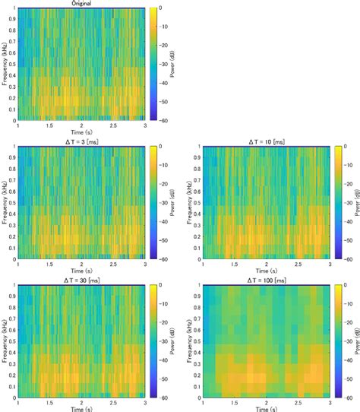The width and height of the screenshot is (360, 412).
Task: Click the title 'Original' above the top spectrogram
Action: point(80,4)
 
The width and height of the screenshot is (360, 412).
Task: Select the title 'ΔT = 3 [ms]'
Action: point(80,141)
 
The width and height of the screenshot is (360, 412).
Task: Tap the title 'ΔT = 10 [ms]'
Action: point(267,141)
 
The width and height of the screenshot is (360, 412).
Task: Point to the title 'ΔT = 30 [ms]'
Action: point(80,280)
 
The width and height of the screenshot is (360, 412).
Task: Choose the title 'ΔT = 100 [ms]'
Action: point(267,280)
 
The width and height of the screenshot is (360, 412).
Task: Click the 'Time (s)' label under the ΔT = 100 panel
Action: point(267,409)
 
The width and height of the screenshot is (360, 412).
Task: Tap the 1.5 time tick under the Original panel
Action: point(48,127)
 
